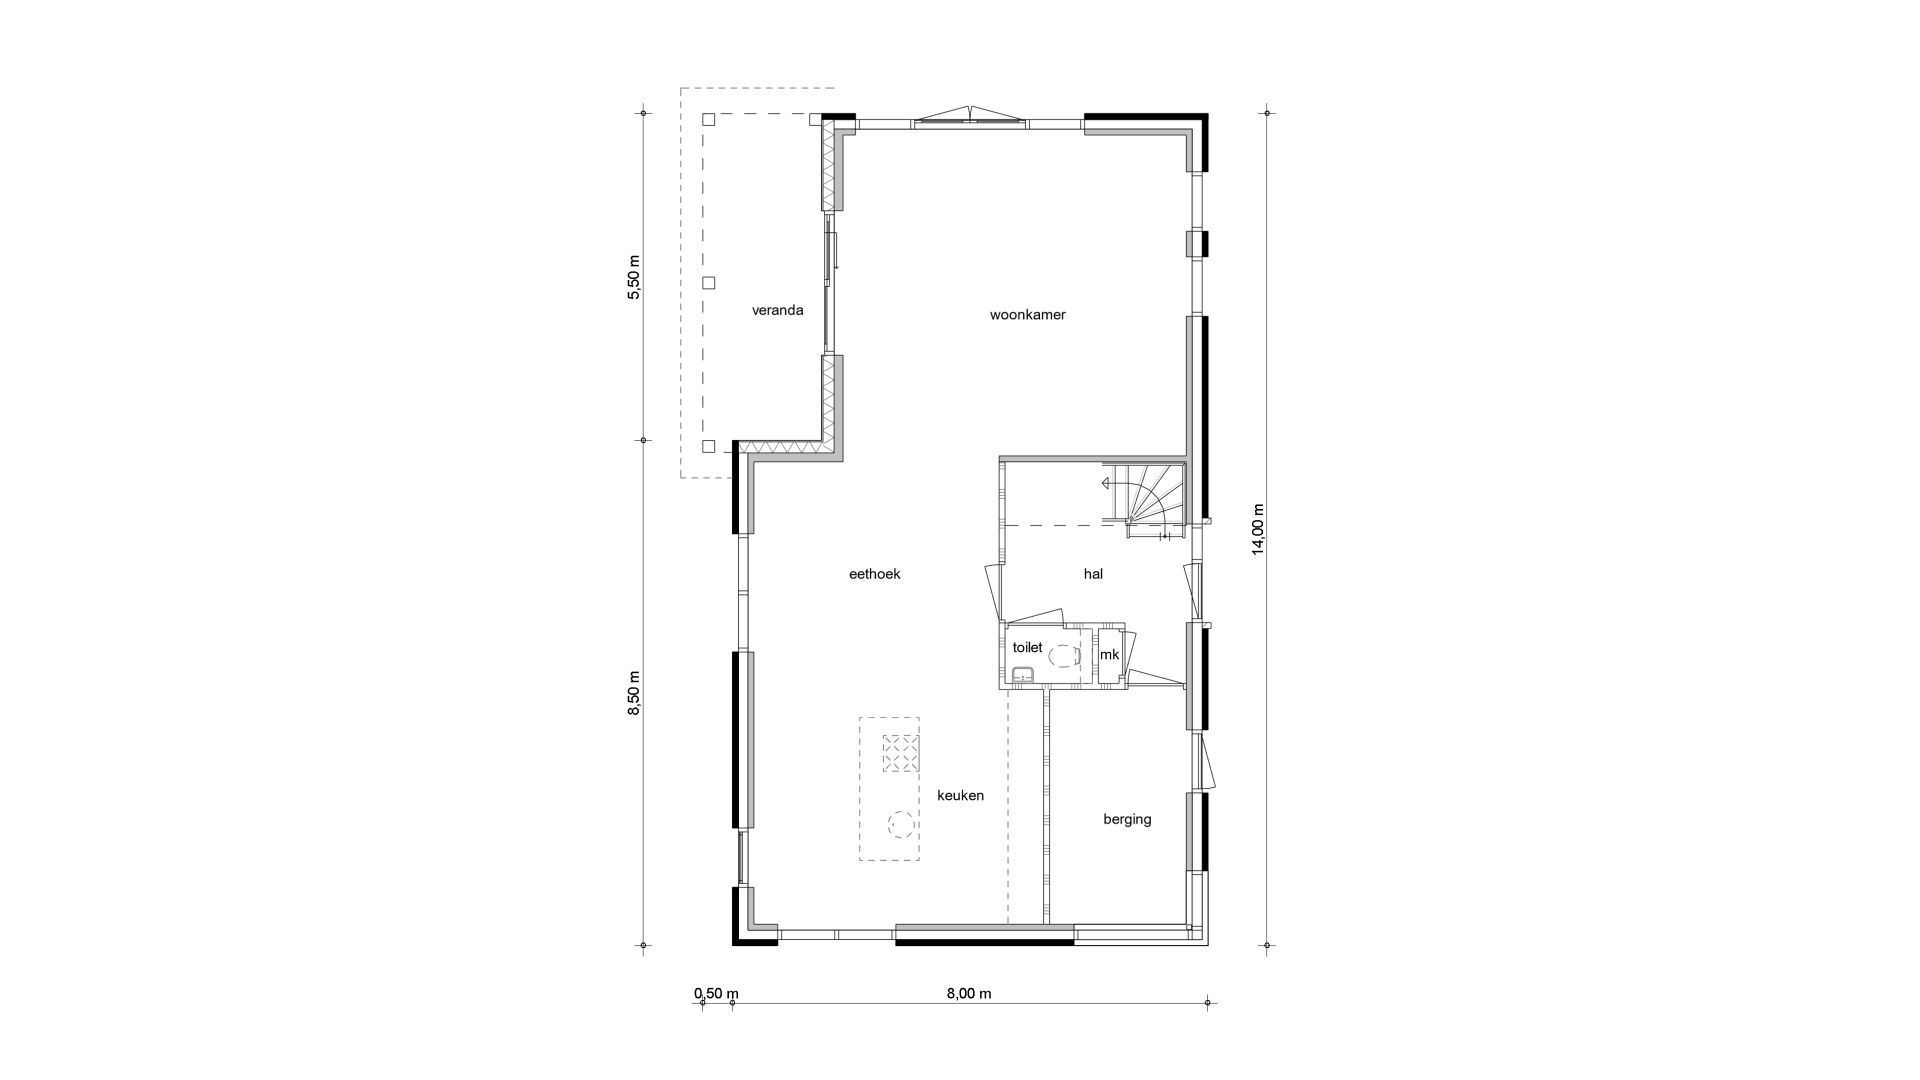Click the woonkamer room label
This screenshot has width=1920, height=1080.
[x=1027, y=315]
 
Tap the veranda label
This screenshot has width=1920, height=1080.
[x=777, y=310]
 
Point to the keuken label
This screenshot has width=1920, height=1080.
[x=960, y=796]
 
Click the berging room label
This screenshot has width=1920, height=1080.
[x=1127, y=820]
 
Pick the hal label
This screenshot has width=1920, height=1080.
[x=1093, y=574]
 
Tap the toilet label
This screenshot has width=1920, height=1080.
[x=1027, y=648]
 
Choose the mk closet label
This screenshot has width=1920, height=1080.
[x=1109, y=655]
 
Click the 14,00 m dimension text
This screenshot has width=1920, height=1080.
[x=1258, y=527]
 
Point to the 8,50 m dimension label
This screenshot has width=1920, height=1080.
[x=632, y=693]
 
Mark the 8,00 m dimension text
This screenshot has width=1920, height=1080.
[x=969, y=993]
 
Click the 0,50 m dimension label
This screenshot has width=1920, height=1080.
[x=716, y=993]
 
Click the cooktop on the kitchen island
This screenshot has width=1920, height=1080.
[x=900, y=753]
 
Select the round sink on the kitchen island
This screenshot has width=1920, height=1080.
[x=900, y=823]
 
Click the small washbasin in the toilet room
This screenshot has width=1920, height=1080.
[x=1021, y=677]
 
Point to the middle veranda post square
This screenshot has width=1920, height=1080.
[x=709, y=283]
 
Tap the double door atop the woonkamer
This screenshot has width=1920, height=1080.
[x=970, y=116]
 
